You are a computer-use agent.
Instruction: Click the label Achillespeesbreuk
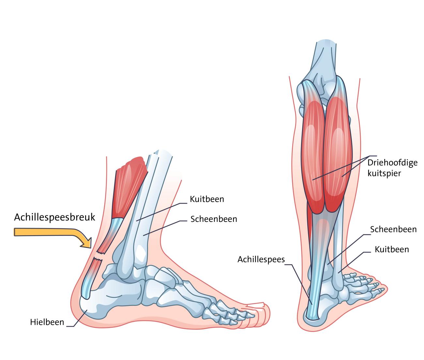click(54, 217)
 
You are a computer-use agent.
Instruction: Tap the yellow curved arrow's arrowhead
click(86, 243)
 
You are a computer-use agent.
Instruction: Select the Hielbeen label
click(47, 322)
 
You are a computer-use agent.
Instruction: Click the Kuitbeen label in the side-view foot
click(207, 199)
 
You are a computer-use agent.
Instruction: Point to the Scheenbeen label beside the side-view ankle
click(214, 219)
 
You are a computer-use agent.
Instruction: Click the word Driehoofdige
click(392, 163)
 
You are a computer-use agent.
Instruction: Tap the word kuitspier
click(384, 173)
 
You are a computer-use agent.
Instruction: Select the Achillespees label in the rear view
click(261, 259)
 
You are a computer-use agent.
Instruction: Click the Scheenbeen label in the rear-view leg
click(393, 229)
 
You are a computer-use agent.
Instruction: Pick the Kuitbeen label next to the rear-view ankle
click(392, 249)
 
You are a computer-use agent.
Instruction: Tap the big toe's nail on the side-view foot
click(255, 305)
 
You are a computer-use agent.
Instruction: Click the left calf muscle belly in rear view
click(312, 156)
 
